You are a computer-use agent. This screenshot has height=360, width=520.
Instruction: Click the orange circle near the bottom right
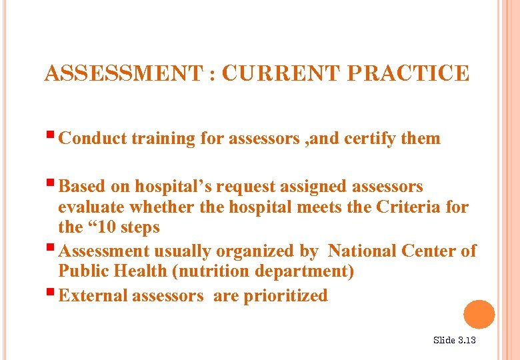[479, 315]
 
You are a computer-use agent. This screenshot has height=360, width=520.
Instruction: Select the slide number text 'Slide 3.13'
[455, 340]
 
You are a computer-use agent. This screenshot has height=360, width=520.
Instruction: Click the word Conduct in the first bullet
[93, 139]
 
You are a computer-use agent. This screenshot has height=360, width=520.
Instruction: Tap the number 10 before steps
[107, 227]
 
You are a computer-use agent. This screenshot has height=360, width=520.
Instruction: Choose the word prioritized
[285, 295]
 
